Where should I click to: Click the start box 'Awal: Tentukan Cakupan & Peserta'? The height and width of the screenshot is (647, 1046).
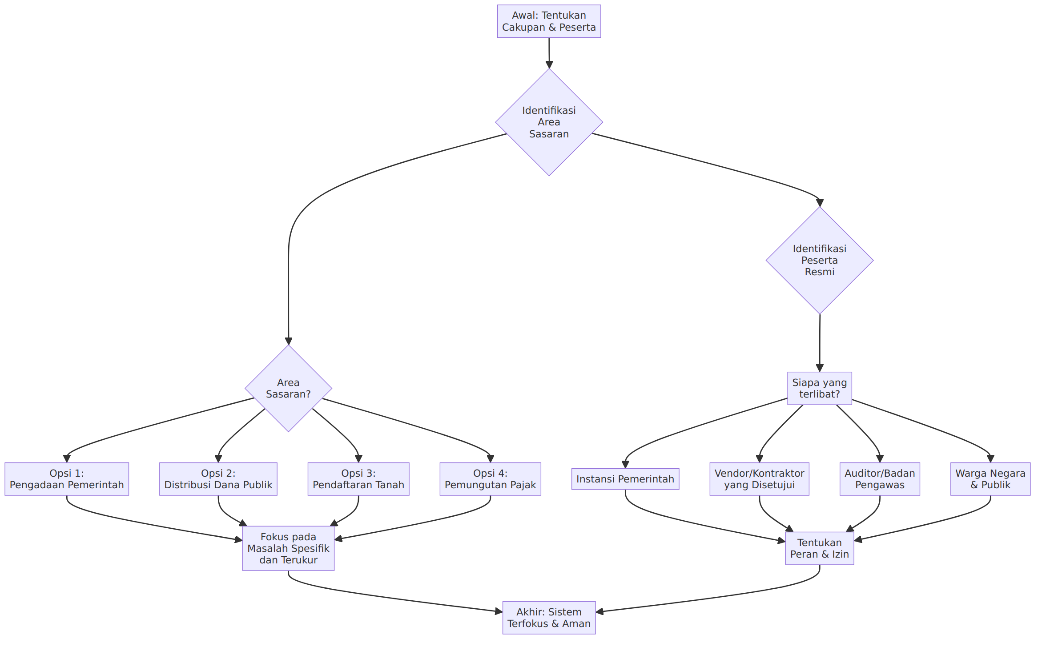click(x=549, y=21)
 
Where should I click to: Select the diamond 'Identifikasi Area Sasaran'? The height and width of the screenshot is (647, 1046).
click(x=549, y=122)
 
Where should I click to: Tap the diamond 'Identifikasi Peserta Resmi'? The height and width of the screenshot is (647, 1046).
click(x=819, y=260)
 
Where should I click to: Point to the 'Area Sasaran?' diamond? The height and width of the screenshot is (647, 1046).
click(x=288, y=388)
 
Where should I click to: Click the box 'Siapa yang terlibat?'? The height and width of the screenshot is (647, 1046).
click(x=819, y=388)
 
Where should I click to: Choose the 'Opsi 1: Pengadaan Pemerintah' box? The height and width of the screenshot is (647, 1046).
click(x=67, y=479)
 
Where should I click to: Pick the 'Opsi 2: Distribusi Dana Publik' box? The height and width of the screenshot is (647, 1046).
click(x=218, y=479)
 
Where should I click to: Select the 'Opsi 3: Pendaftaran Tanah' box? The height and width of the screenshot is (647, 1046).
click(x=358, y=479)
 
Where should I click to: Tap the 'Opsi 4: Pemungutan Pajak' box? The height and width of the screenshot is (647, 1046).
click(x=490, y=479)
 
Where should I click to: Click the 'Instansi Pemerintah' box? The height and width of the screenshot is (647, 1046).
click(x=625, y=479)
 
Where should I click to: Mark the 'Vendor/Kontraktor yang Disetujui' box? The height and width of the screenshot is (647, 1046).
click(x=759, y=479)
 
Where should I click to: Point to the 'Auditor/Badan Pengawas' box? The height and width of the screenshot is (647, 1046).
click(x=880, y=479)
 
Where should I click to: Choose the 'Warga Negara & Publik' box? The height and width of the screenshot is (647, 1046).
click(x=990, y=479)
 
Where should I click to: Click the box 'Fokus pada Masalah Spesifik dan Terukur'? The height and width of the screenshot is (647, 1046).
click(x=288, y=548)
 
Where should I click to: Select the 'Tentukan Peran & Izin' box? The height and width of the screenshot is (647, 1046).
click(x=819, y=548)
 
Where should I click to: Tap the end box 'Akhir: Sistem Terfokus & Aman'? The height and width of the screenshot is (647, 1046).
click(x=549, y=618)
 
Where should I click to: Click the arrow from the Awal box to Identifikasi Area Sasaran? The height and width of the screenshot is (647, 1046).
click(x=549, y=53)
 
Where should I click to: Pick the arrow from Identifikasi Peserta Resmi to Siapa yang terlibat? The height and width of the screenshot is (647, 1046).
click(x=819, y=343)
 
